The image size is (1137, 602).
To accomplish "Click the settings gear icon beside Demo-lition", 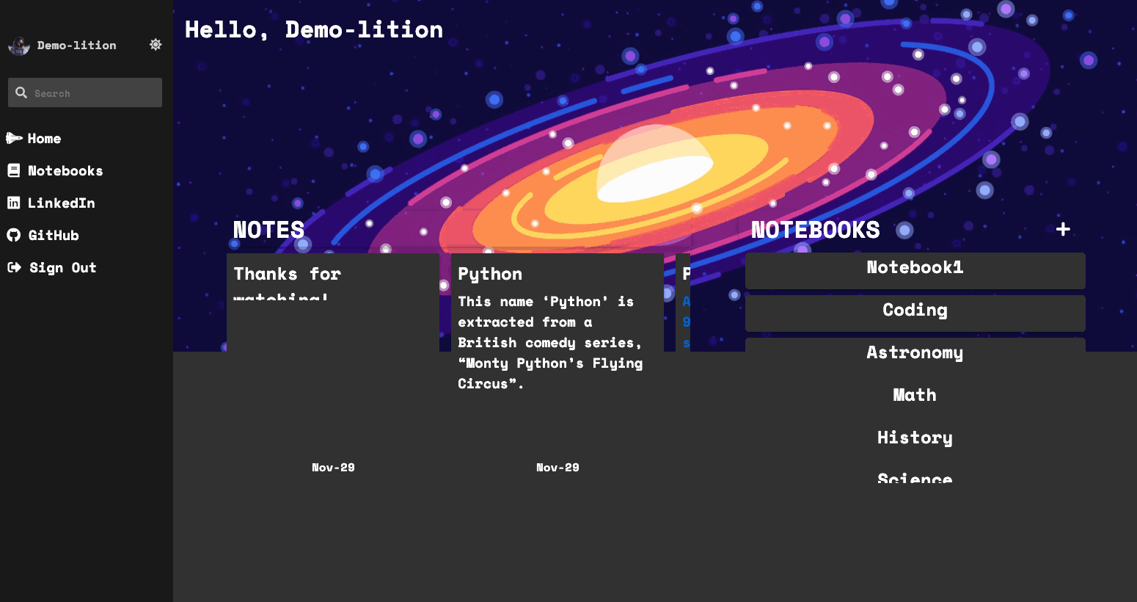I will point(156,45).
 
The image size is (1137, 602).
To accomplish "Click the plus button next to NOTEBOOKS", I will point(1063,230).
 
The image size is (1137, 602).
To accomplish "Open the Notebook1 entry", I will point(915,268).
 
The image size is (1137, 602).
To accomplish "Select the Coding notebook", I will point(915,311).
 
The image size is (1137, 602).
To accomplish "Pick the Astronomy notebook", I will point(915,353).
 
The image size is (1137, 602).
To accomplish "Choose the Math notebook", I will point(915,396).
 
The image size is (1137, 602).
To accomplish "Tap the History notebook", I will point(915,438).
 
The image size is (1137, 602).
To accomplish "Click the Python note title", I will point(490,275).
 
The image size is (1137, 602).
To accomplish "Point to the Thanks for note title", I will point(287,275).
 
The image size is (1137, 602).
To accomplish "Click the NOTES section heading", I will point(268,231).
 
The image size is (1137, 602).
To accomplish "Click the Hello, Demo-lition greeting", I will point(314,30).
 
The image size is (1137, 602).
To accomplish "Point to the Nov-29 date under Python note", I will point(557,468).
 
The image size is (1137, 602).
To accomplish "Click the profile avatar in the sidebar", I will point(19,46).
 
